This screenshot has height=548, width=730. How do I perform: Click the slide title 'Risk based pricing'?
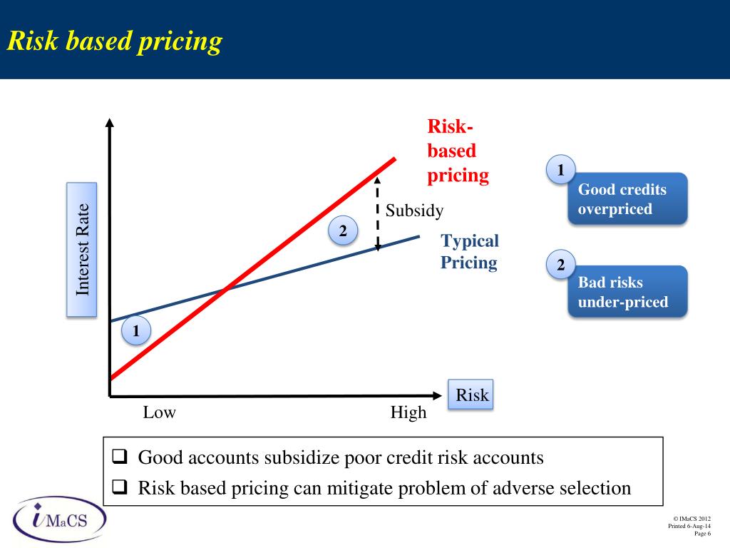pyautogui.click(x=115, y=41)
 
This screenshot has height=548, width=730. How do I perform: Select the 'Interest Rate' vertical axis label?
pyautogui.click(x=82, y=249)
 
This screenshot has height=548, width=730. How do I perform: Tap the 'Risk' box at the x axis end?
pyautogui.click(x=471, y=395)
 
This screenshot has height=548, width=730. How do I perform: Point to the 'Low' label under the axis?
pyautogui.click(x=159, y=412)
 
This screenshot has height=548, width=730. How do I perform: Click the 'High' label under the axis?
pyautogui.click(x=408, y=412)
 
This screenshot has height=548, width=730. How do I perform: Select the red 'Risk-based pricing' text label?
pyautogui.click(x=458, y=151)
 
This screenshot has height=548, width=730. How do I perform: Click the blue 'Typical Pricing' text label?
pyautogui.click(x=469, y=252)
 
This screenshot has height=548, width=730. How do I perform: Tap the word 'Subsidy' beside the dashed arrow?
pyautogui.click(x=414, y=211)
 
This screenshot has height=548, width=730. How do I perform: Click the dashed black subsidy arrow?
pyautogui.click(x=378, y=214)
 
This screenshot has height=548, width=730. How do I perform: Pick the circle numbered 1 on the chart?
pyautogui.click(x=135, y=331)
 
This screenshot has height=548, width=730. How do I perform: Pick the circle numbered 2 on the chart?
pyautogui.click(x=343, y=231)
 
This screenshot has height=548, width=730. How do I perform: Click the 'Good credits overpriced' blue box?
pyautogui.click(x=627, y=199)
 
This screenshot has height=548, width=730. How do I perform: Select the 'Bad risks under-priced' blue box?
pyautogui.click(x=627, y=293)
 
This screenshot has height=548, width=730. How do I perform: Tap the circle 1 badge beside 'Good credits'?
pyautogui.click(x=561, y=171)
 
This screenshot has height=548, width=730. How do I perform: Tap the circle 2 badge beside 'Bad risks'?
pyautogui.click(x=561, y=265)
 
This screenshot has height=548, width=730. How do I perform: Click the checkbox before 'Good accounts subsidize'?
pyautogui.click(x=120, y=457)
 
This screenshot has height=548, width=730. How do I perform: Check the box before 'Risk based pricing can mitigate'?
pyautogui.click(x=120, y=488)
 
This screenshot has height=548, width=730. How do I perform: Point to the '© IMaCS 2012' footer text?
pyautogui.click(x=692, y=519)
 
